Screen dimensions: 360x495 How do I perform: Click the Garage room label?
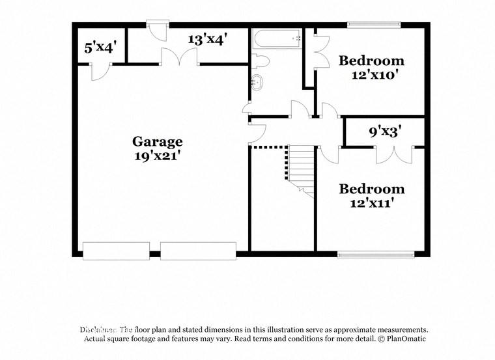[158, 141]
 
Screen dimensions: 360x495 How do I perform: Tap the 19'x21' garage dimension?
[158, 156]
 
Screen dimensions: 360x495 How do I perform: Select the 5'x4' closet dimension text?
[100, 48]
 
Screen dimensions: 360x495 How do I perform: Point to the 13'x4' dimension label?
[207, 40]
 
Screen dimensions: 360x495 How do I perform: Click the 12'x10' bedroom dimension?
[371, 75]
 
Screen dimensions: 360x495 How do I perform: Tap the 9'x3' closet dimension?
[385, 132]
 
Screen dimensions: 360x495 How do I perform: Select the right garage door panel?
[198, 251]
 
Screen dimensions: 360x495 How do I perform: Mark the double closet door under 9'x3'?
[394, 155]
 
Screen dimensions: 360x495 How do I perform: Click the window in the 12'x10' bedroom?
[374, 25]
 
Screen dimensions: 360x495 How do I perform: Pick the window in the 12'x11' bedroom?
[376, 254]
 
